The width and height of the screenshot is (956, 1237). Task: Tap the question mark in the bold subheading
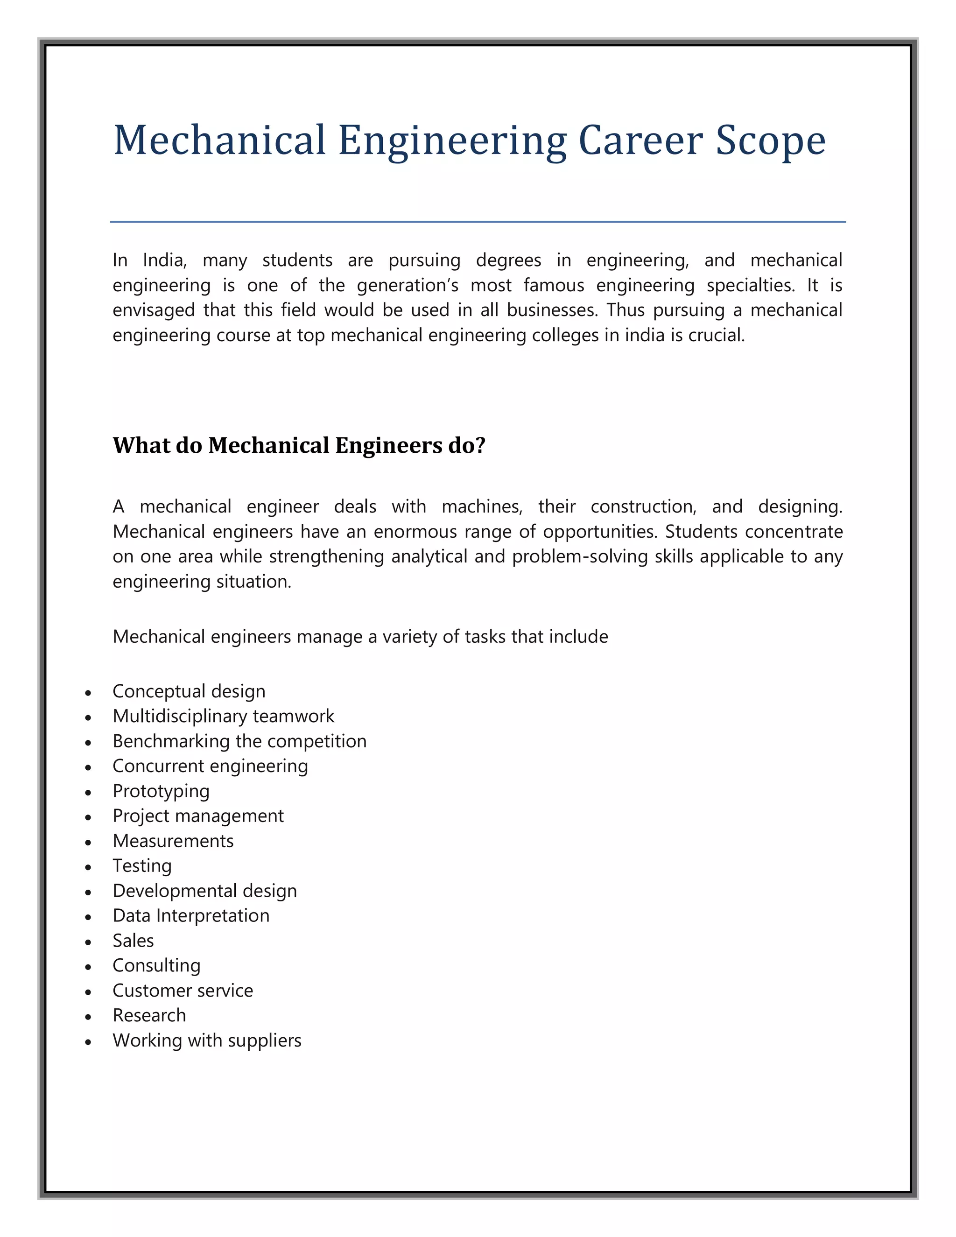click(481, 445)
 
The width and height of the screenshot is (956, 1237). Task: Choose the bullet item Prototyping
click(161, 791)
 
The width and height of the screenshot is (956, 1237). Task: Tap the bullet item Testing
click(142, 865)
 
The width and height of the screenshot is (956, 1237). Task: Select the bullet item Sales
click(133, 940)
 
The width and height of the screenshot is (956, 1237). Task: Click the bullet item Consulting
click(156, 965)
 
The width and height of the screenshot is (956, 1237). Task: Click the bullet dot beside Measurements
click(88, 842)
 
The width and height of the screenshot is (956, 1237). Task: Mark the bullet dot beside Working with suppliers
click(88, 1041)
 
